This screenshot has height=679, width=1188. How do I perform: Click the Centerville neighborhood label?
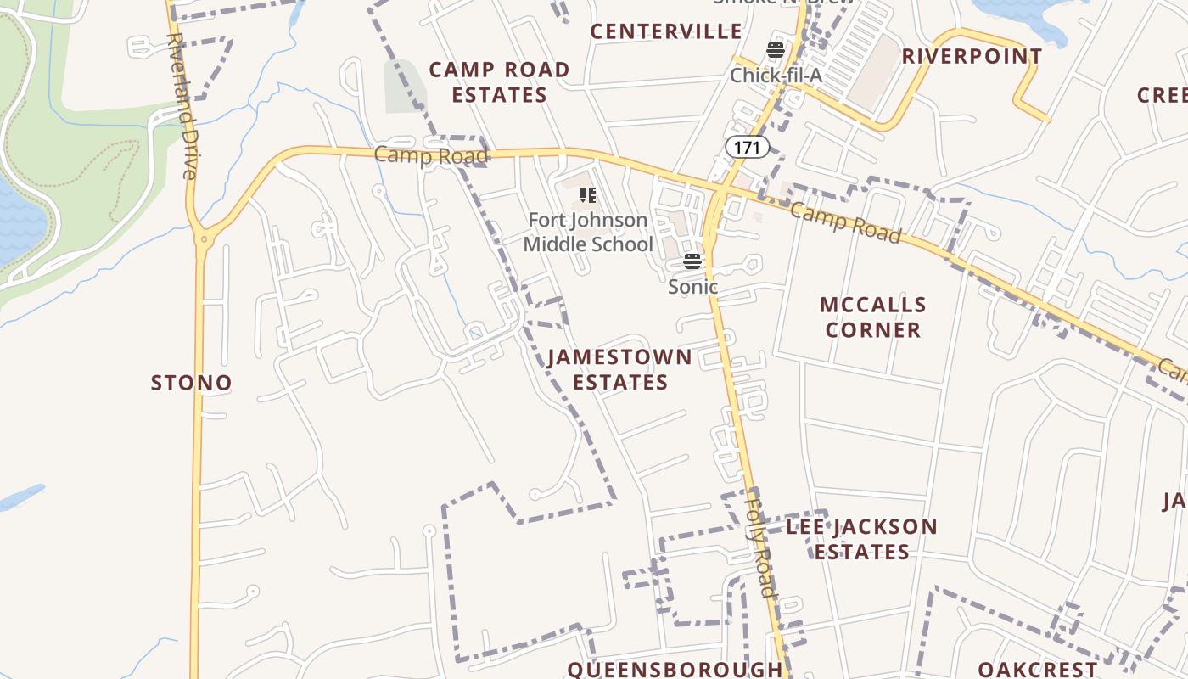pos(666,31)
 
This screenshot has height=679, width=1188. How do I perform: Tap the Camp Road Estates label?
pos(499,82)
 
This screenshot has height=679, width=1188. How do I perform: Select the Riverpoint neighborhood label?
pos(972,57)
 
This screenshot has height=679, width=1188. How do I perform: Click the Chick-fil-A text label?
pos(776,76)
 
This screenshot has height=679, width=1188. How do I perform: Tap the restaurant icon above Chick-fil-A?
pos(776,50)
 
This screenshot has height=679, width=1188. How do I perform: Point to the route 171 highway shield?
pos(747,148)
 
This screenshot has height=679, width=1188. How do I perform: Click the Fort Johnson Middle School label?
pos(588,233)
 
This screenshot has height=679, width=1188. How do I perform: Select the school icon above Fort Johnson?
pos(588,196)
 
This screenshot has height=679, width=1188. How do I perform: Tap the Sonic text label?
pos(692,287)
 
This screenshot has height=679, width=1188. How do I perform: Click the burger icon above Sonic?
pos(692,261)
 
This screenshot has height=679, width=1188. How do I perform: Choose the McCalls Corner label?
pos(872,317)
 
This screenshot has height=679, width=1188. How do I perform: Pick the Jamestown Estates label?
pos(619,369)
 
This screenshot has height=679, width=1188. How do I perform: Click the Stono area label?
pos(191,383)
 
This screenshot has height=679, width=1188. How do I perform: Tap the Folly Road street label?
pos(759,543)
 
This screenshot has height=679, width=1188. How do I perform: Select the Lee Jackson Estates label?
pos(861,539)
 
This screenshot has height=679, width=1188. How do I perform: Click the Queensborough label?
pos(675,669)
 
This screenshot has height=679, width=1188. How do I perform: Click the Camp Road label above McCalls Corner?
pos(844,222)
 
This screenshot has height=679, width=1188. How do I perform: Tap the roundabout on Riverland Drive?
pos(203,240)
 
